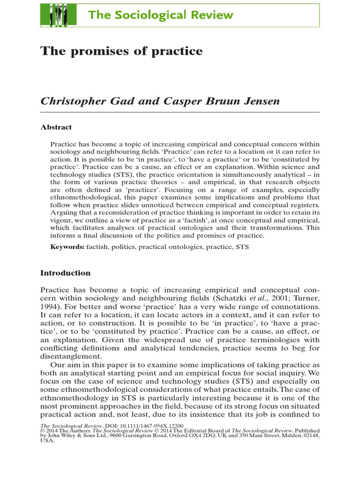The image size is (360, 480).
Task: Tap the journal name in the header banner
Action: click(x=160, y=15)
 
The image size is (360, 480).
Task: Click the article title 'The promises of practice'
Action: click(x=122, y=51)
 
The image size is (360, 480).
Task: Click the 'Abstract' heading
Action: click(x=56, y=127)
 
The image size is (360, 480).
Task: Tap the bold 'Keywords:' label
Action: click(x=67, y=246)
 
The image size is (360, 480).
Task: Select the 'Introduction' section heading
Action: click(x=65, y=273)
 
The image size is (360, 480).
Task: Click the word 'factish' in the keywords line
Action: click(x=97, y=246)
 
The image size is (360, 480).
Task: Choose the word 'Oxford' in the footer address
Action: click(x=172, y=435)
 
